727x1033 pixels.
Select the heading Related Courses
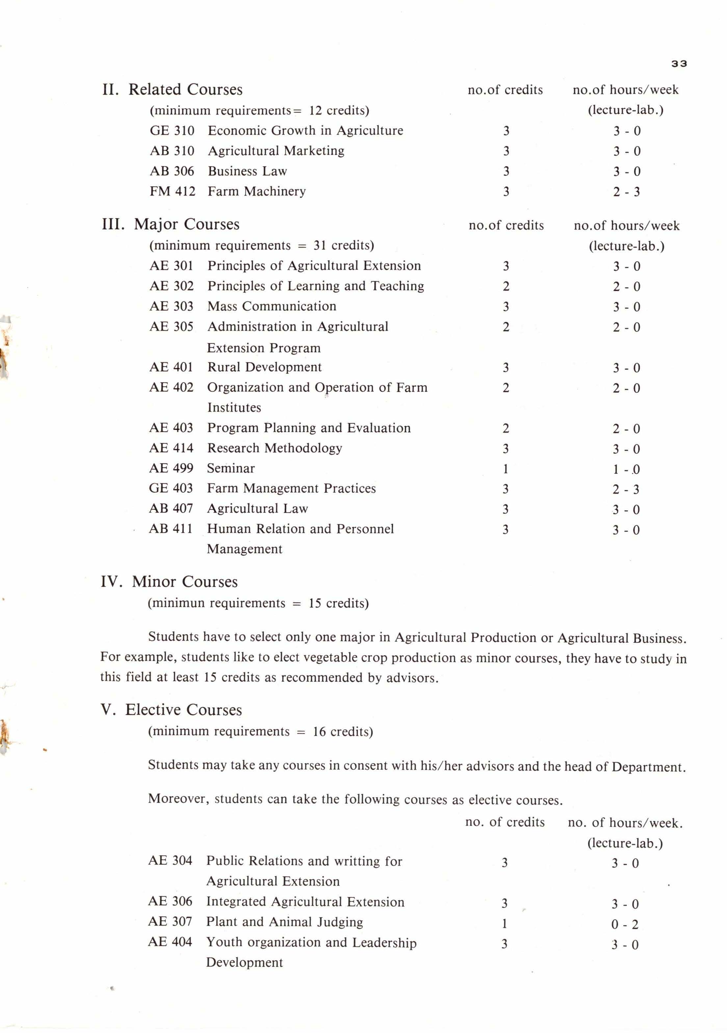click(x=185, y=89)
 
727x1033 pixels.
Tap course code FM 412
click(x=172, y=191)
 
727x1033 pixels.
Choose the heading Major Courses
click(x=186, y=224)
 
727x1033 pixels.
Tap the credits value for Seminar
click(x=505, y=469)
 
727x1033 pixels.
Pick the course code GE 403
click(x=170, y=488)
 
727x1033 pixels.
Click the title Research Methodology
click(x=274, y=448)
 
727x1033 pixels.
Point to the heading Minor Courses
click(x=184, y=582)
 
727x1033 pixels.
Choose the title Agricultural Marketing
click(x=276, y=151)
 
